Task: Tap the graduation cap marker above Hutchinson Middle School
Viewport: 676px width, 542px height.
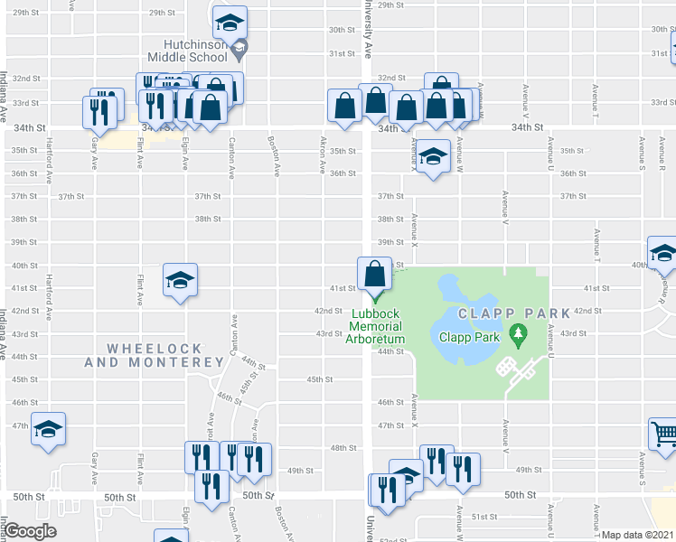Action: click(x=230, y=22)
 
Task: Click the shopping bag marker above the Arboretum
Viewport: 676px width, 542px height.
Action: click(x=374, y=274)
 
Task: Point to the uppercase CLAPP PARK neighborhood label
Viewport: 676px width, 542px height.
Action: click(x=513, y=313)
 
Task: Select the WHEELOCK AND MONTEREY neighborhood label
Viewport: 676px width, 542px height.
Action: click(x=153, y=355)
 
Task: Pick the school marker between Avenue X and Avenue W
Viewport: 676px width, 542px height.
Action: click(x=433, y=157)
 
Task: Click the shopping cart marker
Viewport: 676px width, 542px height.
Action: click(x=663, y=434)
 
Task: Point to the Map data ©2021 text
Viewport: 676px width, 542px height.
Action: click(x=638, y=535)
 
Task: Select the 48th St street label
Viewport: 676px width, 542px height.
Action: click(x=343, y=448)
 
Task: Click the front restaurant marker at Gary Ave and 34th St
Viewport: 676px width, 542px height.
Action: click(x=96, y=112)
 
